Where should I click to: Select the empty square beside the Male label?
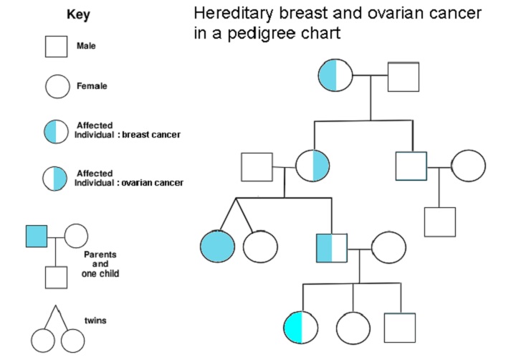pyautogui.click(x=57, y=47)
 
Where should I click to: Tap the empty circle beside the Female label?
pyautogui.click(x=57, y=87)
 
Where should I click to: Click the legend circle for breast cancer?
pyautogui.click(x=57, y=131)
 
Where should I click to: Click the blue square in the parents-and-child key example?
pyautogui.click(x=37, y=235)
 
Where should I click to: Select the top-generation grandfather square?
pyautogui.click(x=403, y=76)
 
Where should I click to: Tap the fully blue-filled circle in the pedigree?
pyautogui.click(x=217, y=246)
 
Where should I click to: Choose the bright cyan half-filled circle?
pyautogui.click(x=301, y=327)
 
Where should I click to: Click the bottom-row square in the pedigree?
pyautogui.click(x=399, y=327)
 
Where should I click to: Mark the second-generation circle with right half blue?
pyautogui.click(x=312, y=166)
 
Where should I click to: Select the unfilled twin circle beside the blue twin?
pyautogui.click(x=260, y=246)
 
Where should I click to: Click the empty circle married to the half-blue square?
pyautogui.click(x=388, y=247)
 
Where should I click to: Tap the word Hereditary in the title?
pyautogui.click(x=234, y=14)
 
